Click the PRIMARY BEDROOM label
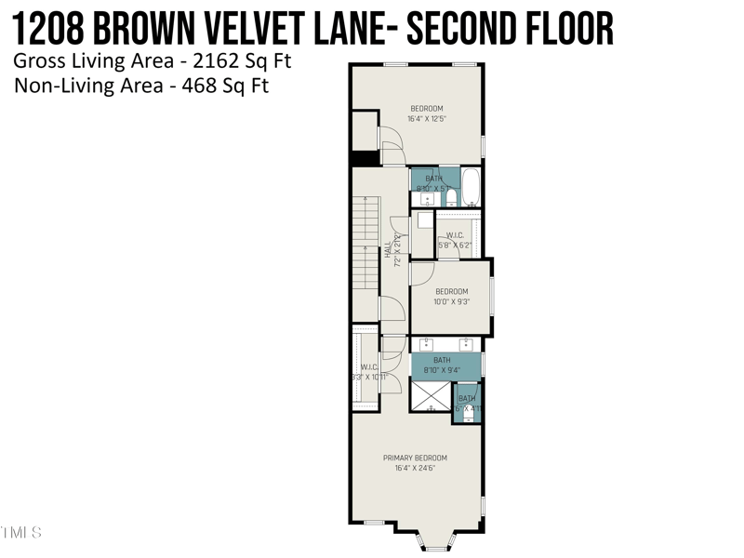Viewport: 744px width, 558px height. (416, 458)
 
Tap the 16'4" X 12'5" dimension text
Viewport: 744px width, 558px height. (426, 119)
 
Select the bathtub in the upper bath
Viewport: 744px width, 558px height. (472, 187)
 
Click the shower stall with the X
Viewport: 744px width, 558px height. (431, 396)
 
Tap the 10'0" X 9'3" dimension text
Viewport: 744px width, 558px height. (452, 301)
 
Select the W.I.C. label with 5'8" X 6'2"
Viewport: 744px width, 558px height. (455, 240)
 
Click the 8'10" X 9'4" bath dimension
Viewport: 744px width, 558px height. (442, 370)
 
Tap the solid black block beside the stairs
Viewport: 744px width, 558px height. (365, 158)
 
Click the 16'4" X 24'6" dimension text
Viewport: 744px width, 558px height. (416, 468)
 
